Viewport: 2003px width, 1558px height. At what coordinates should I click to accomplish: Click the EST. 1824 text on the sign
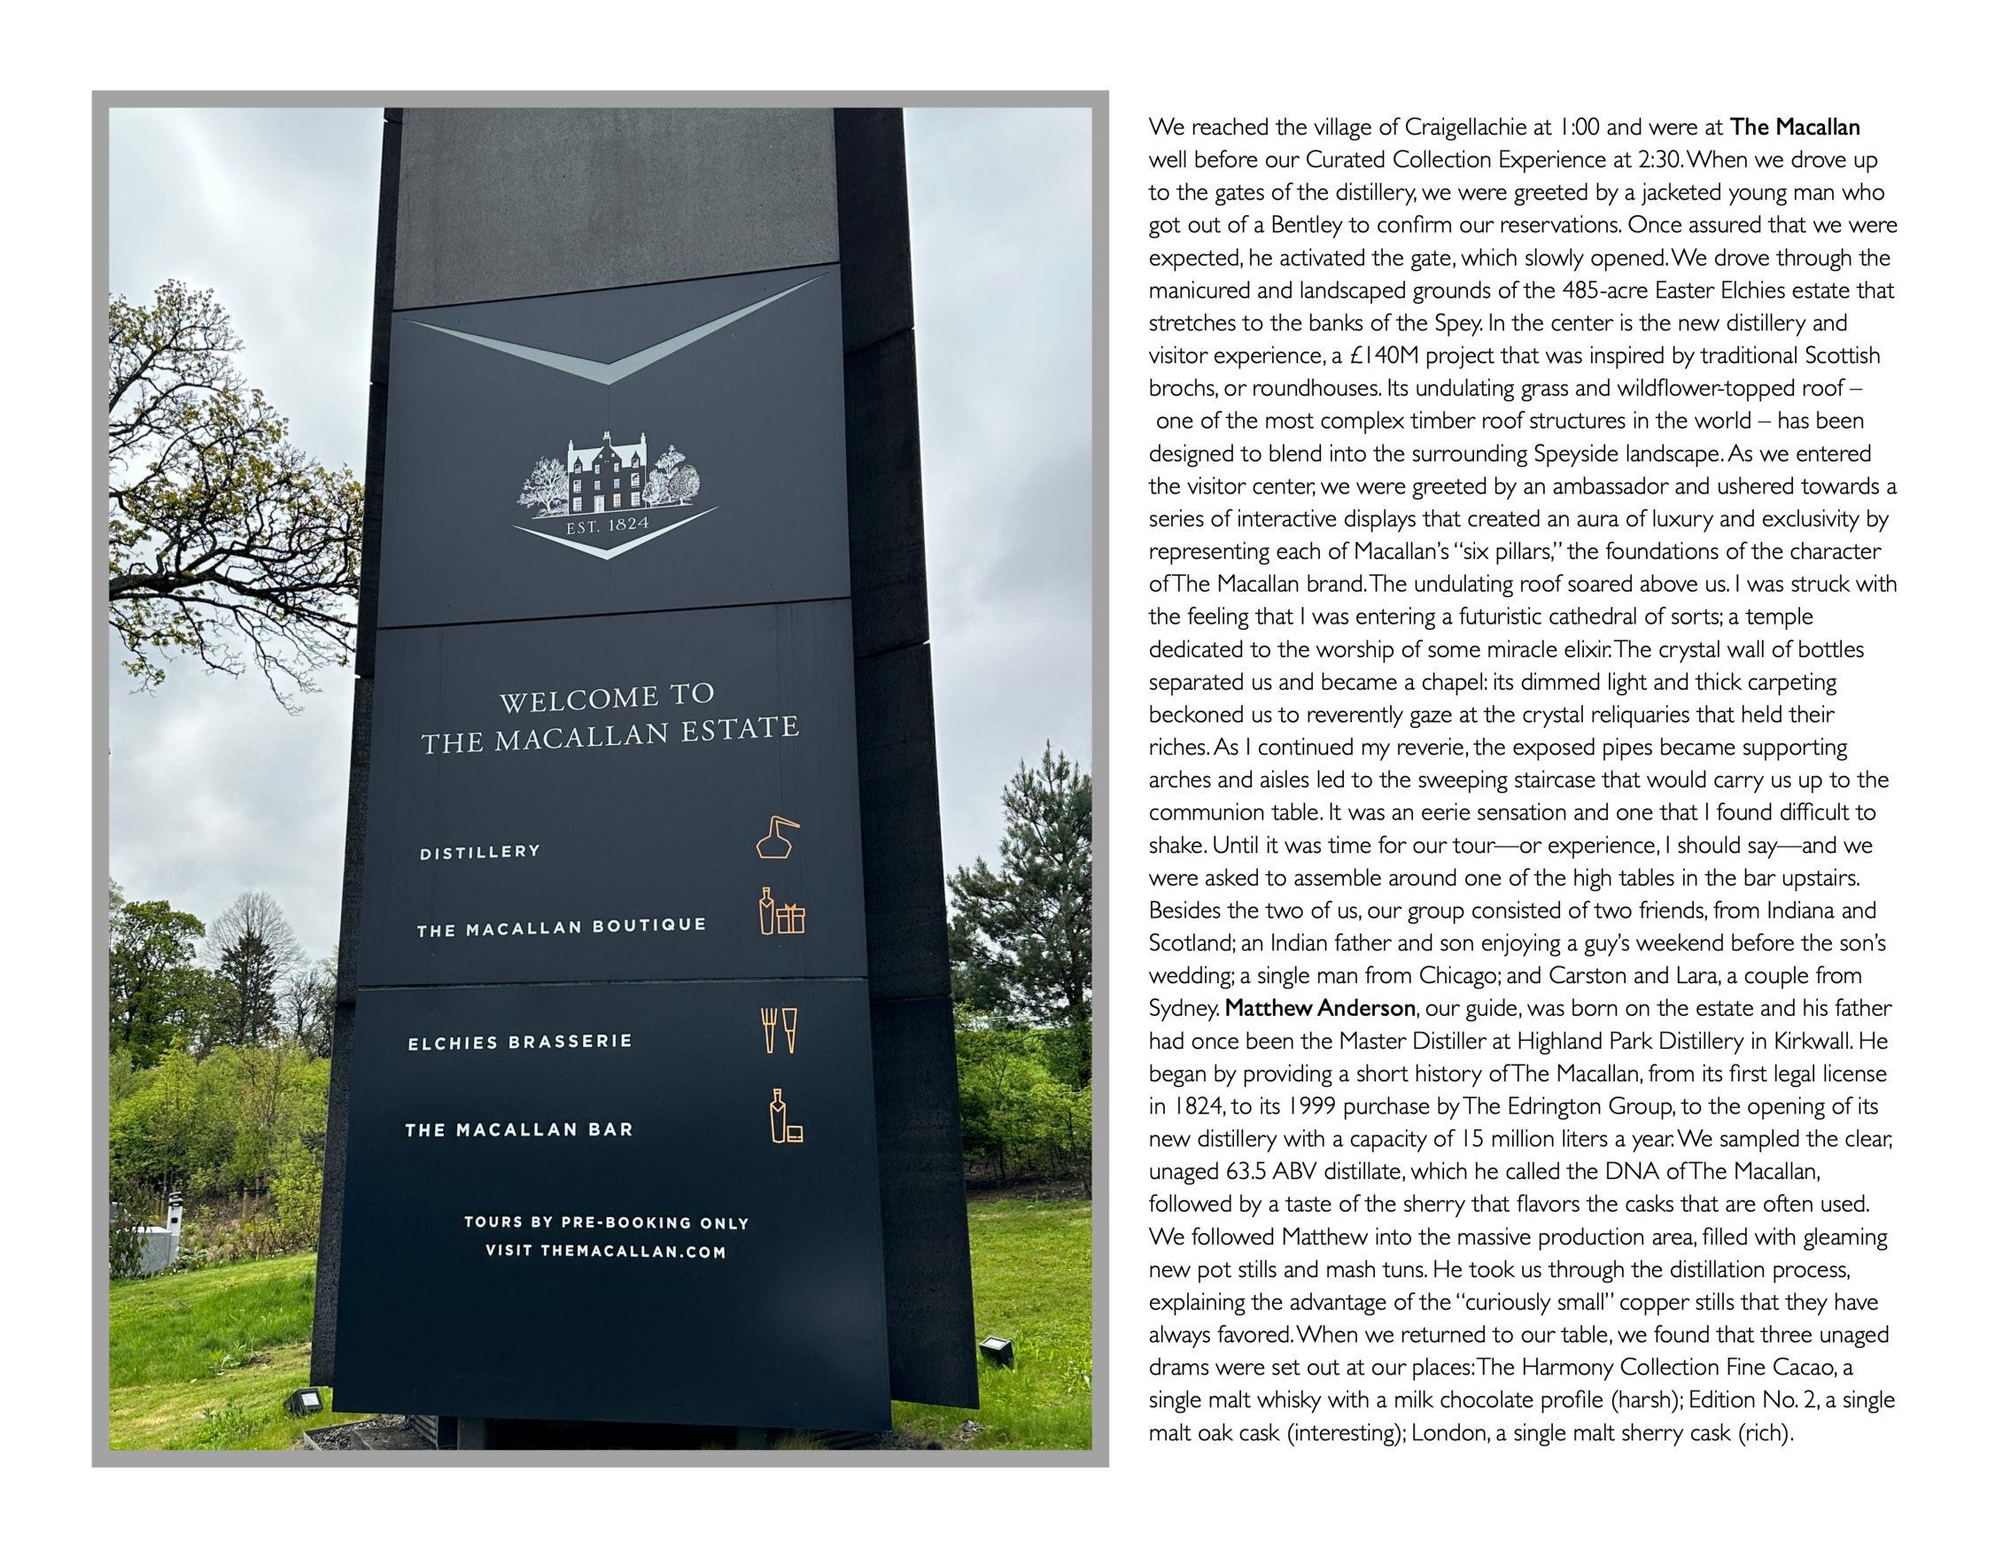(x=607, y=525)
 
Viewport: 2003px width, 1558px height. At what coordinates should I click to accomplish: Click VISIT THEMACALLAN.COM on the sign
(x=605, y=1251)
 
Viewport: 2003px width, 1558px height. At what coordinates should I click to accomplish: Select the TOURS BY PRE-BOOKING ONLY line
(x=606, y=1222)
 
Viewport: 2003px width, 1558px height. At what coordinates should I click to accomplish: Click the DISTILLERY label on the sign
(x=479, y=852)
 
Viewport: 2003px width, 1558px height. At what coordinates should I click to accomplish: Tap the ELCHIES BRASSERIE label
(x=520, y=1042)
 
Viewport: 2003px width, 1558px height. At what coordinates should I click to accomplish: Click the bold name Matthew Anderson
(x=1319, y=1009)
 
